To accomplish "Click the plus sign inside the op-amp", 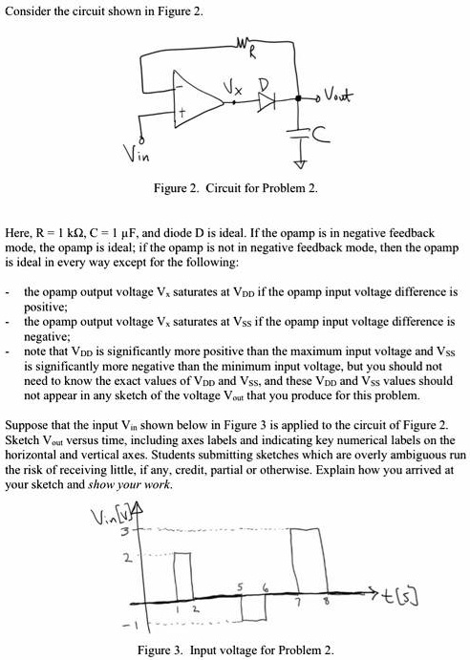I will pyautogui.click(x=203, y=111).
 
